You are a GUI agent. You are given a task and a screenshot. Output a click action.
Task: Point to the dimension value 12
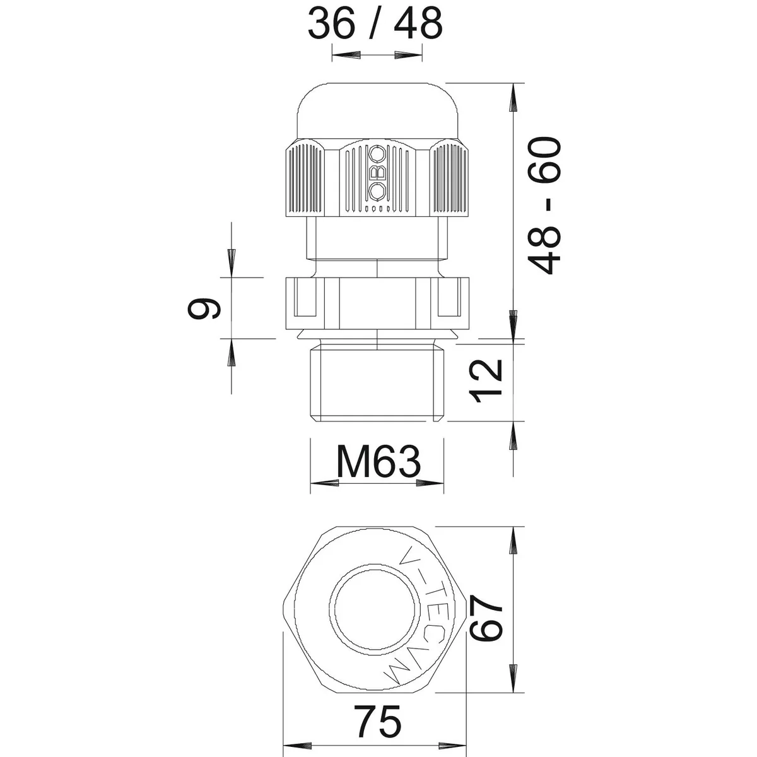pyautogui.click(x=486, y=381)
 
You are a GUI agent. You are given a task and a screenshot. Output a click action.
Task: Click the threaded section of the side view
pyautogui.click(x=377, y=384)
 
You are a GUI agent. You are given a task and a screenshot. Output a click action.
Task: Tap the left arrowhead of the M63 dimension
pyautogui.click(x=324, y=483)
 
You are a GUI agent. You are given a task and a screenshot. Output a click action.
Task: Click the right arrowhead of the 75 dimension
pyautogui.click(x=452, y=745)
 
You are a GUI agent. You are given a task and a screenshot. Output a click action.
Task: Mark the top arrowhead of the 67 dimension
pyautogui.click(x=514, y=541)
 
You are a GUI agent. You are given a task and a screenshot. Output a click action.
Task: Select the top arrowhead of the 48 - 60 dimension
pyautogui.click(x=514, y=97)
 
